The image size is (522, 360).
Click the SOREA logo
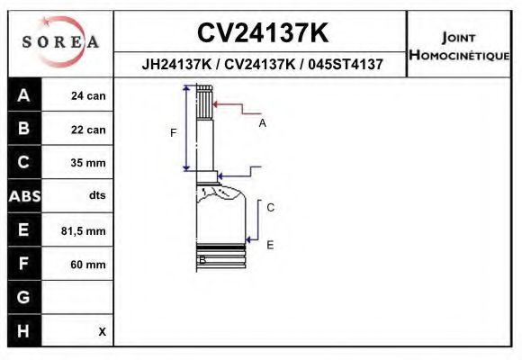tap(59, 42)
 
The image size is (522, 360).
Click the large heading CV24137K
tap(263, 32)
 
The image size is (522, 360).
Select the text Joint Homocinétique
tap(459, 46)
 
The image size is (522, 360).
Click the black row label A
tap(23, 95)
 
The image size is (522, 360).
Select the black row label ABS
tap(23, 196)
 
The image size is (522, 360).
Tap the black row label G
tap(23, 297)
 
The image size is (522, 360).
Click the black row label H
tap(23, 330)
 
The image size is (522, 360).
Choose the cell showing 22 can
tap(88, 130)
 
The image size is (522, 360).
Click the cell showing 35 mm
tap(88, 163)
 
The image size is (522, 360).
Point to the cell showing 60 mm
tap(88, 265)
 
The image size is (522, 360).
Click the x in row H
tap(102, 331)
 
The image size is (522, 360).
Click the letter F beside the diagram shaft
tap(174, 133)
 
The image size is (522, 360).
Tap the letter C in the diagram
tap(270, 207)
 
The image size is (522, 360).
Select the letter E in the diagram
tap(270, 244)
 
